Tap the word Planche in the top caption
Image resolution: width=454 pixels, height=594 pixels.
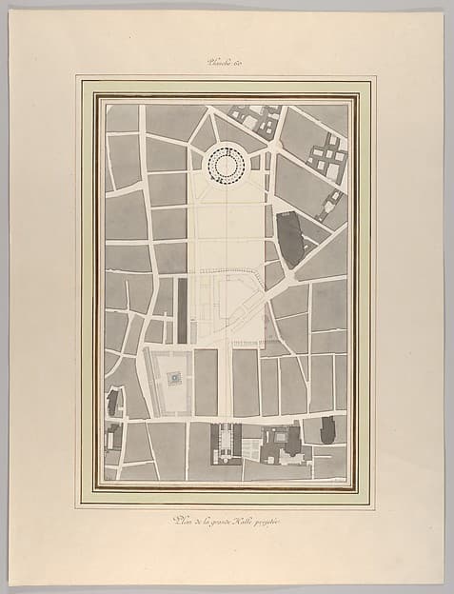pos(220,65)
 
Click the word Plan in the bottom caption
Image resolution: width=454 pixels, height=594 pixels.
pos(179,519)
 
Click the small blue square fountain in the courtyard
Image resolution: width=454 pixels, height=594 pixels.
pos(174,379)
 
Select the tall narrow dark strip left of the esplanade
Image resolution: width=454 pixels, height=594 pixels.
pos(182,309)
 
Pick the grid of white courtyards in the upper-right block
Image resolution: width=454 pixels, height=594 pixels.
pos(326,155)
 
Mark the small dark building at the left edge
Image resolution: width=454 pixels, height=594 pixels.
pos(113,403)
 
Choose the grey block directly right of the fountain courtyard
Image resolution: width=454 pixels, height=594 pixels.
pos(206,382)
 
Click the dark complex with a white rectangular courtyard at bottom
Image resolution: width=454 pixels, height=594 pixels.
pos(283,441)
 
